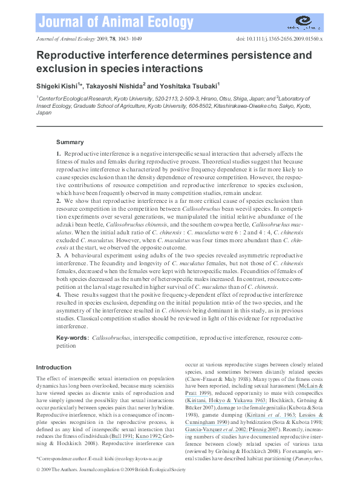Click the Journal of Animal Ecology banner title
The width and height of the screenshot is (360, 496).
pyautogui.click(x=114, y=23)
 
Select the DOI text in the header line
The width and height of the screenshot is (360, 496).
pyautogui.click(x=279, y=38)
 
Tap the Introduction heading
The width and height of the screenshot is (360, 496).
pyautogui.click(x=53, y=367)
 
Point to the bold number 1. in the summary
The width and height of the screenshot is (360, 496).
pyautogui.click(x=59, y=156)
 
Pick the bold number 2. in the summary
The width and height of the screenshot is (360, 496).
pyautogui.click(x=59, y=200)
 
